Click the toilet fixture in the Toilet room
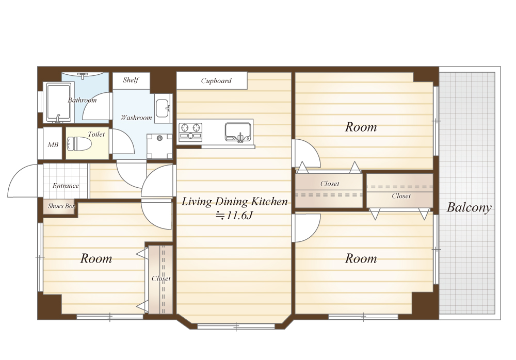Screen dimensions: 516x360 (78, 144)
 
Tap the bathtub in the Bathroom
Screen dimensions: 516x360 (59, 102)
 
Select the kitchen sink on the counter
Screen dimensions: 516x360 (238, 132)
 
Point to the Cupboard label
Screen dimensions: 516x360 (216, 80)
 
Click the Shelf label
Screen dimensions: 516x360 (131, 79)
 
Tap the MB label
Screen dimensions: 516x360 (53, 144)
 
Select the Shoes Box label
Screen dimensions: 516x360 (61, 206)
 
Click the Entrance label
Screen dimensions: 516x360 (66, 186)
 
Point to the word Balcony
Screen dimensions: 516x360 (469, 208)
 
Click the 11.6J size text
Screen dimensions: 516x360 (234, 216)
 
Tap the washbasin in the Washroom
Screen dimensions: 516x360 (163, 108)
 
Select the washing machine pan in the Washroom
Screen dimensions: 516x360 (159, 146)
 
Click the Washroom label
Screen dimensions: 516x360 (136, 118)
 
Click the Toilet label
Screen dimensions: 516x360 (96, 134)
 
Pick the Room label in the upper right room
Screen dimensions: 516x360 (361, 127)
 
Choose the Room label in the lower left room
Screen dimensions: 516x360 (96, 258)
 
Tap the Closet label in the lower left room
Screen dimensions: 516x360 (161, 279)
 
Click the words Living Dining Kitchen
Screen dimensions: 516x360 (235, 201)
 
